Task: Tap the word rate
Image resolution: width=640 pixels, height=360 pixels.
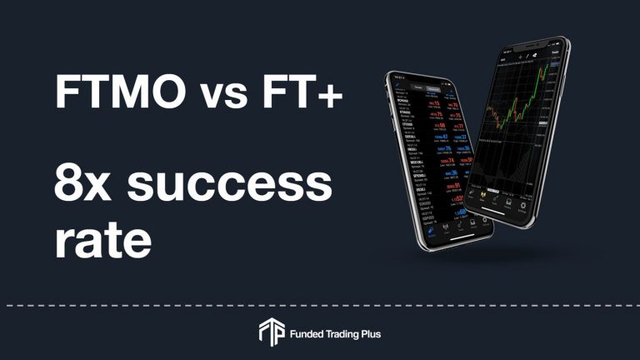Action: pyautogui.click(x=102, y=238)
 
